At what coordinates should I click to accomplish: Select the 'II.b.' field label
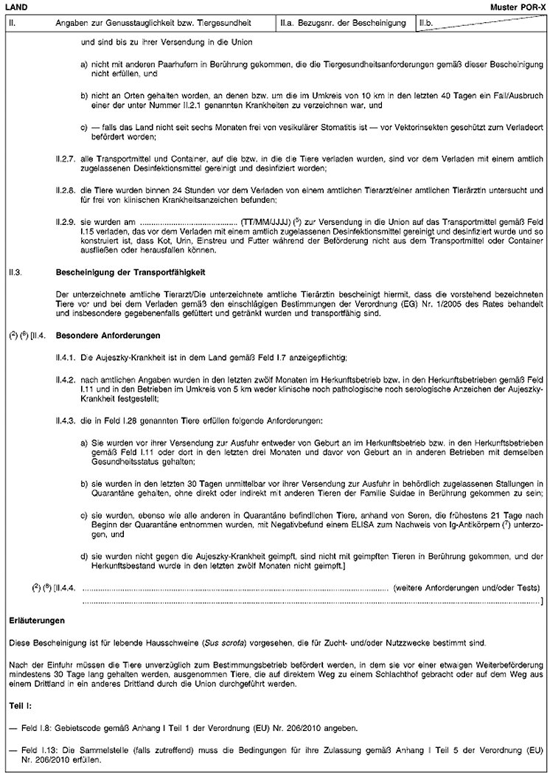coord(425,24)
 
